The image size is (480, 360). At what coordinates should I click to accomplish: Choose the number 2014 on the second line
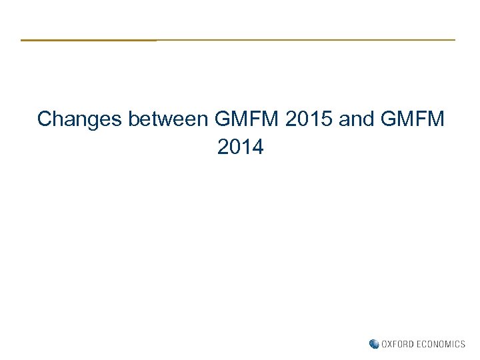pyautogui.click(x=240, y=147)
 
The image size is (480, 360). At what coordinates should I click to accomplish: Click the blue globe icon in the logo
pyautogui.click(x=374, y=344)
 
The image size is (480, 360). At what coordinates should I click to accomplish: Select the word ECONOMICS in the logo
pyautogui.click(x=441, y=344)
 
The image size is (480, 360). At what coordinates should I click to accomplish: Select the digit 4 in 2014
pyautogui.click(x=257, y=147)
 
